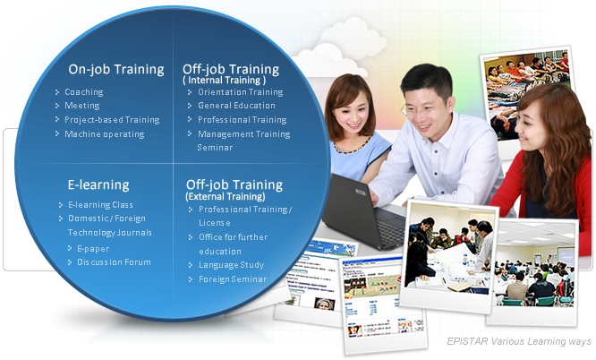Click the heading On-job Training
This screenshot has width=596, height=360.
116,70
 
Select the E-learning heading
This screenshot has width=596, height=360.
98,185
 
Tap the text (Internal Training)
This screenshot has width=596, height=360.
225,81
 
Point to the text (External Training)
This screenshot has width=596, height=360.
226,196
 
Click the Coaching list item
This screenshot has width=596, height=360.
83,92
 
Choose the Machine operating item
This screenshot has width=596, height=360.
104,134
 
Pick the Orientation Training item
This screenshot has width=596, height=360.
240,92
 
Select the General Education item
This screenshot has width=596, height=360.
236,106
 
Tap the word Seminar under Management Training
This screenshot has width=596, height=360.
215,148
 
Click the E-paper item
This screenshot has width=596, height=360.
93,249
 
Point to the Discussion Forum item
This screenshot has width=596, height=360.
114,262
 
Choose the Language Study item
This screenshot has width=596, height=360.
231,265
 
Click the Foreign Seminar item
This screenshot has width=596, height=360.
233,279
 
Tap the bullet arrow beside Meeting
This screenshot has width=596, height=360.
57,106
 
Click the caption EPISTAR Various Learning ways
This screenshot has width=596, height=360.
519,341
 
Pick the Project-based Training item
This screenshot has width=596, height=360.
112,120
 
